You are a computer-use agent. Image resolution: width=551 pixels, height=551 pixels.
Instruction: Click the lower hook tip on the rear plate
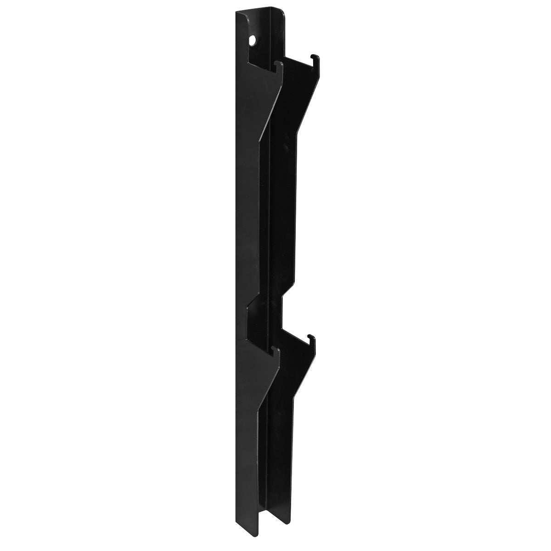point(312,338)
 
